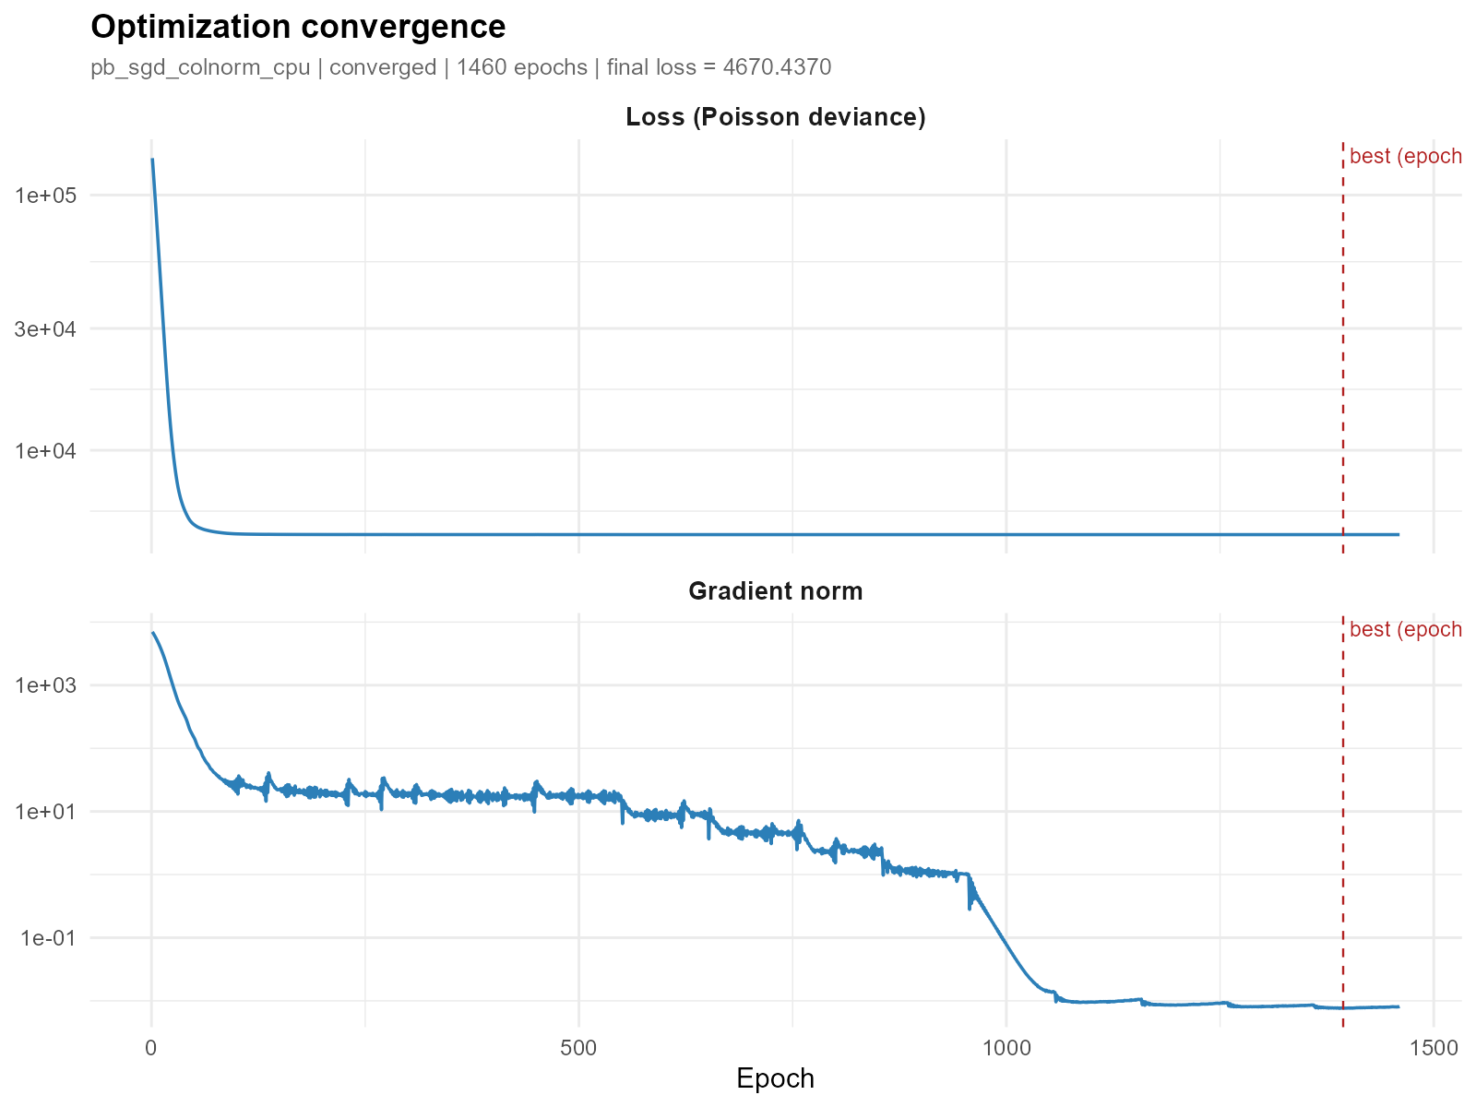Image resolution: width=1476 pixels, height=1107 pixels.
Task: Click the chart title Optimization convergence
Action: click(x=298, y=28)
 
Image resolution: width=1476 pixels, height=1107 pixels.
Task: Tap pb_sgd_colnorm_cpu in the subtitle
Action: click(x=200, y=67)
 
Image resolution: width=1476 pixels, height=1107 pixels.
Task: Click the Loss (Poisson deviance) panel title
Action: click(x=775, y=117)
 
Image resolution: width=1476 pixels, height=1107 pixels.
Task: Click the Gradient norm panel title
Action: click(x=775, y=591)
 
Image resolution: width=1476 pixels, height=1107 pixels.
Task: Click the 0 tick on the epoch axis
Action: click(x=151, y=1048)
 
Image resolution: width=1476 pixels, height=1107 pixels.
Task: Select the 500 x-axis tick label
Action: click(x=578, y=1048)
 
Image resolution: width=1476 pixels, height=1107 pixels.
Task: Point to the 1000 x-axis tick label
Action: click(x=1006, y=1048)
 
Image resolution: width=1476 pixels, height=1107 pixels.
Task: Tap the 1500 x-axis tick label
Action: click(x=1433, y=1048)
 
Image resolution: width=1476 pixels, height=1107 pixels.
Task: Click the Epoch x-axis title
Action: click(x=775, y=1078)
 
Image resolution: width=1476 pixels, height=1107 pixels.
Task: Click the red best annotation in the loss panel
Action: click(x=1405, y=157)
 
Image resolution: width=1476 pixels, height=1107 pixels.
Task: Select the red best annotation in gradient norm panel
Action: click(x=1405, y=630)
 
